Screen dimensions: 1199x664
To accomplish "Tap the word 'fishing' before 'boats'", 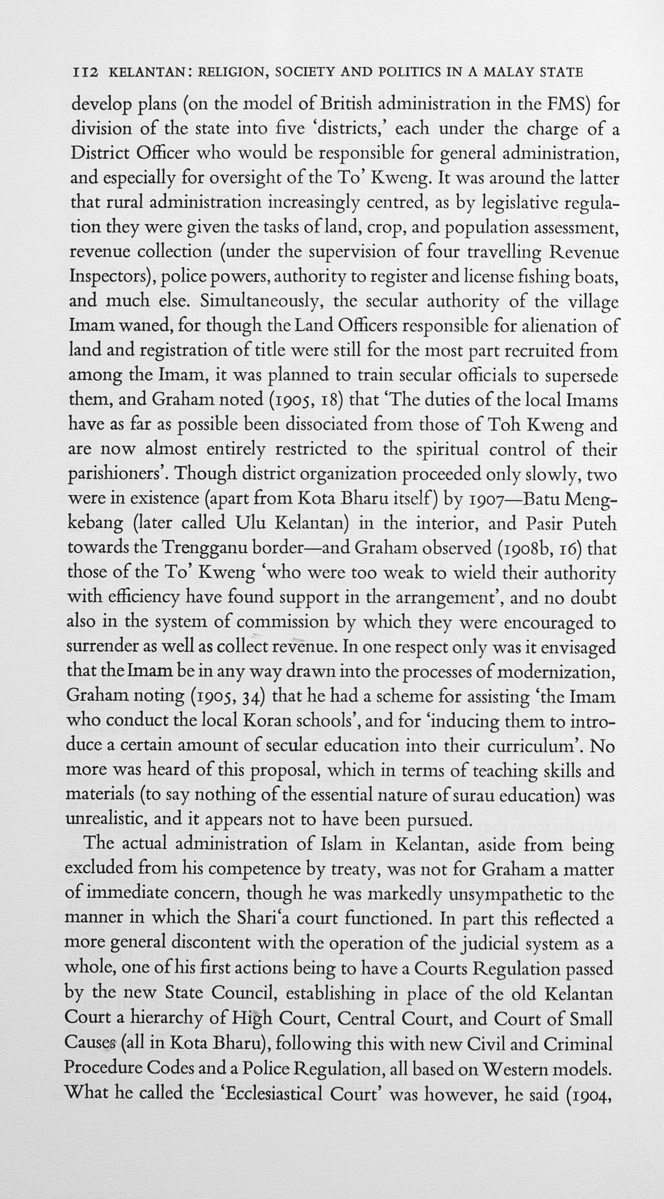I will click(538, 277).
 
